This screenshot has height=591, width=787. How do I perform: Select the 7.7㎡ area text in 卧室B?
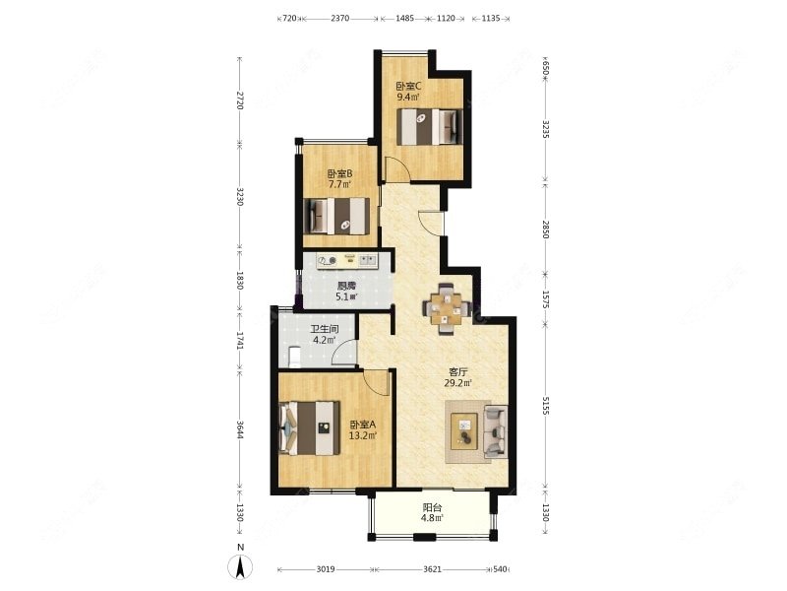pos(339,184)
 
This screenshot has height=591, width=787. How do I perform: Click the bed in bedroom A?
pos(309,428)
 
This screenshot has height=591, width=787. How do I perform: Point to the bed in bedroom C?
pos(430,127)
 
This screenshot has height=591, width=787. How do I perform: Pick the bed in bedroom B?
pos(336,216)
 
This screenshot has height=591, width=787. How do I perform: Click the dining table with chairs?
pos(447,308)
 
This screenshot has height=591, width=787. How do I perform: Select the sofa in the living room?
pos(496,432)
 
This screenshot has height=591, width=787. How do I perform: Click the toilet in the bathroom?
pos(294,357)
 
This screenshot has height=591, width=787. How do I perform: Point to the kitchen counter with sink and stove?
pos(347,260)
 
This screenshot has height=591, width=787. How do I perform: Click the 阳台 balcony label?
pos(432,507)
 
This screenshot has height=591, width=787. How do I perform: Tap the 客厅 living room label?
pos(458,372)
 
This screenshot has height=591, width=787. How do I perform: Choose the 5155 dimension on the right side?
pos(546,405)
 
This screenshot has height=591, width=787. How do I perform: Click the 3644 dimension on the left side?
pos(240,429)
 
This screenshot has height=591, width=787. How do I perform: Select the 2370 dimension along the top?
pos(339,19)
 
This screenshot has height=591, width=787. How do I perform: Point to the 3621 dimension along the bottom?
pos(432,569)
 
